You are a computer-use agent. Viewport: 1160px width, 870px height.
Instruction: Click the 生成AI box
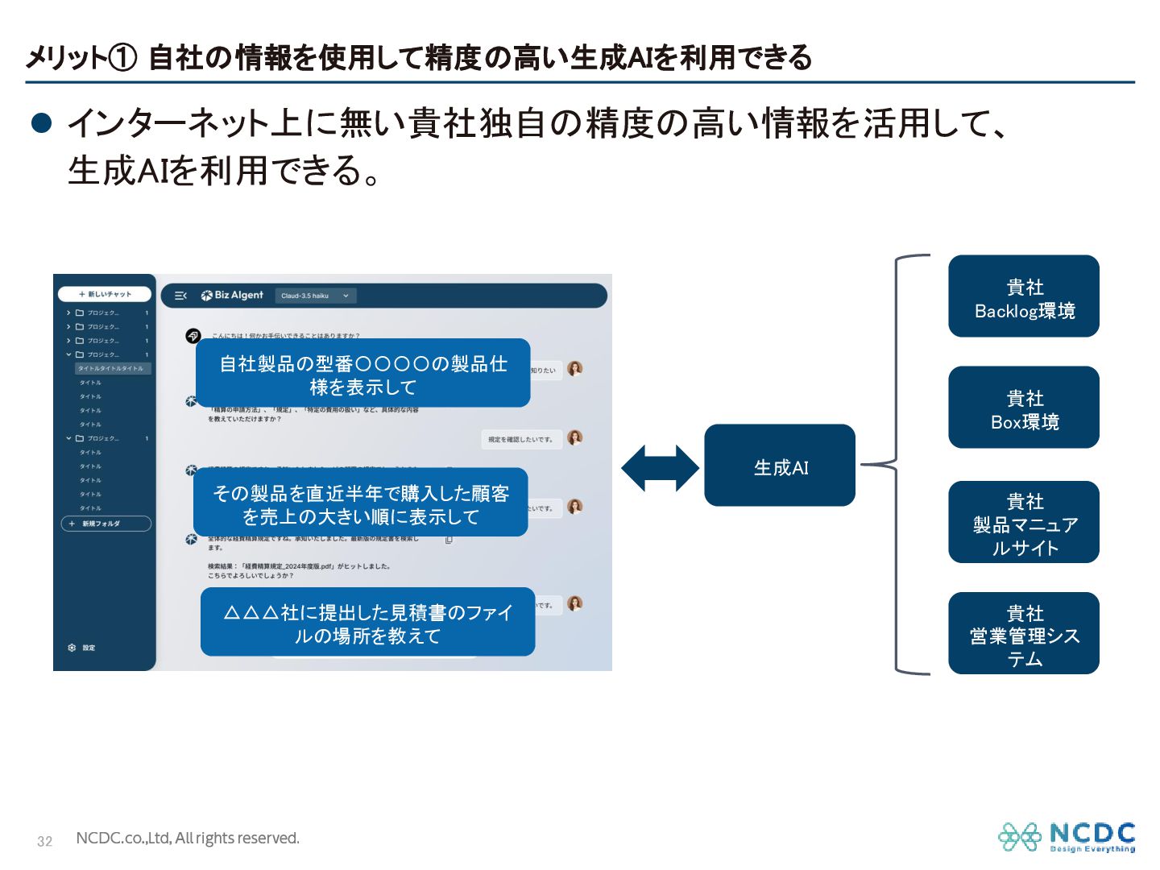tap(779, 466)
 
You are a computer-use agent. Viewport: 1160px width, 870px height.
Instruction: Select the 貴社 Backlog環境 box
tap(1023, 296)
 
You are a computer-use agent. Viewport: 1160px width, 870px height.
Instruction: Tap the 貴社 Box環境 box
tap(1023, 408)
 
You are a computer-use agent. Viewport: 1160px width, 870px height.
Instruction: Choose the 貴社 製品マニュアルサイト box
tap(1023, 522)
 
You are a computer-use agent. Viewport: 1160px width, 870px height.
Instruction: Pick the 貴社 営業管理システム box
tap(1023, 633)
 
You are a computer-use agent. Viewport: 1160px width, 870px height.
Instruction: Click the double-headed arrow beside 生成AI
tap(660, 468)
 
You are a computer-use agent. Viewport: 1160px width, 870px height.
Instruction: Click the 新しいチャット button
tap(105, 294)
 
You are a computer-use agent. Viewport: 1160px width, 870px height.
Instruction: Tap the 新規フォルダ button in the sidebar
tap(106, 524)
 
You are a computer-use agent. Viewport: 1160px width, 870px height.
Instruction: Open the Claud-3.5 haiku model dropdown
tap(315, 296)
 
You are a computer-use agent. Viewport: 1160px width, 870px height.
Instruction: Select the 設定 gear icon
tap(72, 648)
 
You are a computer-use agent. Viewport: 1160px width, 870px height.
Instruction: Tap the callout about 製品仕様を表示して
tap(362, 374)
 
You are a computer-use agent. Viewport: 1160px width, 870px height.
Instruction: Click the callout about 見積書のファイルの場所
tap(367, 623)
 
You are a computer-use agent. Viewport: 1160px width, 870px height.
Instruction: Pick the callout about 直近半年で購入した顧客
tap(360, 503)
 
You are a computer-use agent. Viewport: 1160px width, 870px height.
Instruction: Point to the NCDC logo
tap(1067, 836)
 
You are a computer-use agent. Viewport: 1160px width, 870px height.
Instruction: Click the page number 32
tap(45, 841)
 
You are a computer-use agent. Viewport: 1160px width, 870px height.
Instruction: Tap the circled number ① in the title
tap(122, 58)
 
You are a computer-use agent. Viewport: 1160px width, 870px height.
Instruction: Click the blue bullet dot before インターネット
tap(41, 122)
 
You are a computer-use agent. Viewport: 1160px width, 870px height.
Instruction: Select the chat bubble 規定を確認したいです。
tap(520, 439)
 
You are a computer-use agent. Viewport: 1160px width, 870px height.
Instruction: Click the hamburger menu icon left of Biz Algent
tap(180, 296)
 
